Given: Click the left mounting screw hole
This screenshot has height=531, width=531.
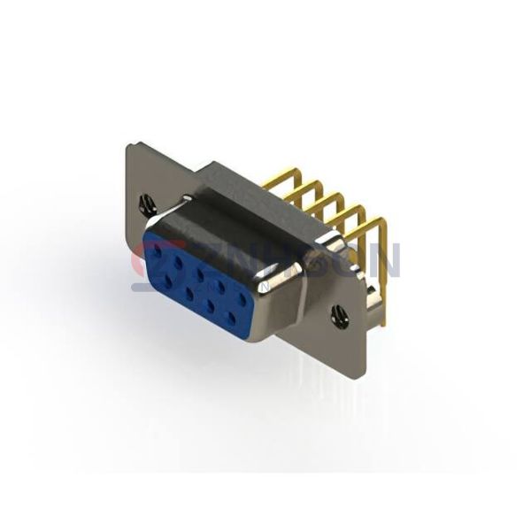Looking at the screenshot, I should pos(148,205).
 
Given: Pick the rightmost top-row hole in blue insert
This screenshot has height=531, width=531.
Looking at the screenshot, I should pos(241,297).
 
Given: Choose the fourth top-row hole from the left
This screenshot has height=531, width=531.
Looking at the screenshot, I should pos(220,285).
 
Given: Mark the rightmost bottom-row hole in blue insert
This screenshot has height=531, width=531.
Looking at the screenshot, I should pos(233,316).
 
